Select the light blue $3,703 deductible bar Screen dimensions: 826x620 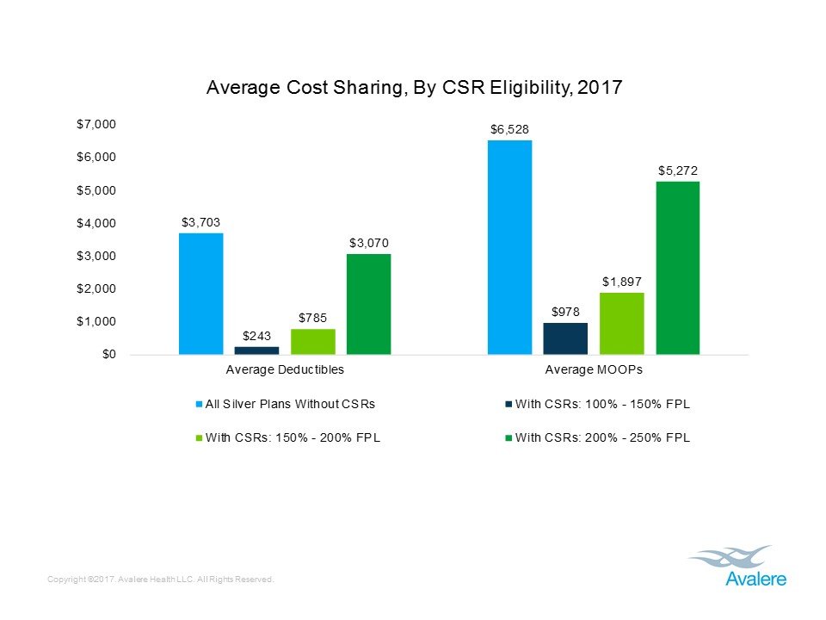click(200, 293)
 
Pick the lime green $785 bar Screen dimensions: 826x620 click(312, 341)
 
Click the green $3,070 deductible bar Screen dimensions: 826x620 click(368, 303)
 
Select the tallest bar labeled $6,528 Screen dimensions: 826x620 click(509, 247)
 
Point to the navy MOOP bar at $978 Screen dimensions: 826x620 click(565, 338)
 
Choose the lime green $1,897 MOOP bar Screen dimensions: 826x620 click(621, 323)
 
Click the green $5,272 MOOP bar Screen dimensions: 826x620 click(678, 267)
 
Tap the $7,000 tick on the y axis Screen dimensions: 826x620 click(96, 125)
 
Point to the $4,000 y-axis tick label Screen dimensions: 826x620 click(96, 224)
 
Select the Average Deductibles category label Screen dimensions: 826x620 click(284, 370)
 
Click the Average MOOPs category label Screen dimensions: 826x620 click(594, 370)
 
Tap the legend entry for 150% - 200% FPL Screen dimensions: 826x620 click(289, 437)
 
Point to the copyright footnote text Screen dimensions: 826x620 click(162, 580)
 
